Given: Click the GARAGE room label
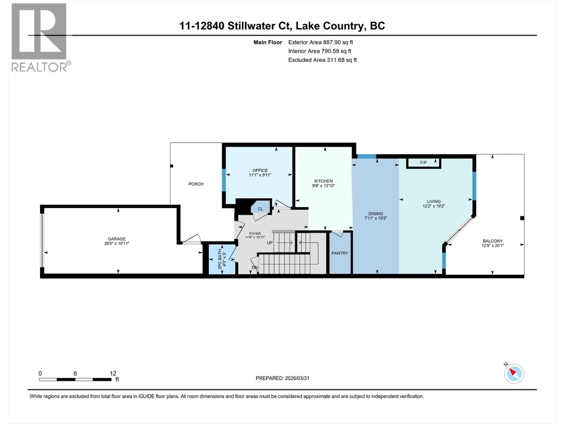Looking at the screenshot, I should (x=117, y=239).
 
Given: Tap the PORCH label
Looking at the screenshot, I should (x=196, y=184).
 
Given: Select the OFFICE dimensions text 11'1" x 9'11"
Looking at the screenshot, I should (x=260, y=175).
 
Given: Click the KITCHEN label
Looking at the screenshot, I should (x=323, y=181).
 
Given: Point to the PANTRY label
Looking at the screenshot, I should (x=340, y=253).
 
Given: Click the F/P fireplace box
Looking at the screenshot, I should (x=423, y=163).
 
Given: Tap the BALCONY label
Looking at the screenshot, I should (x=493, y=241).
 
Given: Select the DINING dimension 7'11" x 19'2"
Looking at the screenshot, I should (x=376, y=218).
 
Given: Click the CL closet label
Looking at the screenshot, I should (x=260, y=209).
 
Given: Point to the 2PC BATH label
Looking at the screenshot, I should (x=220, y=259).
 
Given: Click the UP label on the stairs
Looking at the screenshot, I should (x=270, y=243).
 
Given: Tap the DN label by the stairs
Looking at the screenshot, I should (x=255, y=267).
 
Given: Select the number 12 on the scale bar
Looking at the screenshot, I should (x=113, y=373).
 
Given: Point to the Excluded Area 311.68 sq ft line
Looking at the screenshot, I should (x=322, y=60).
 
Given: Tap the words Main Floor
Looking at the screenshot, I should (x=268, y=42).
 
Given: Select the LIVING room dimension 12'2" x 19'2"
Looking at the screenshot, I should (x=434, y=206).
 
